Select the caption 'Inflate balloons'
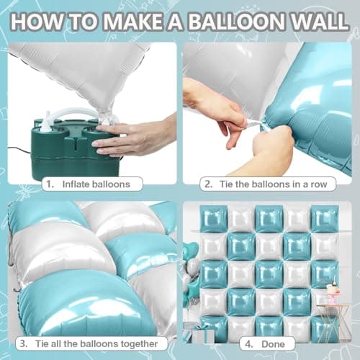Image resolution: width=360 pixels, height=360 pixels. [x=98, y=184]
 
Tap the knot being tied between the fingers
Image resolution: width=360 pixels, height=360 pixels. [x=249, y=124]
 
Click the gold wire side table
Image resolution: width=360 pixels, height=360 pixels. [x=333, y=320]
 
